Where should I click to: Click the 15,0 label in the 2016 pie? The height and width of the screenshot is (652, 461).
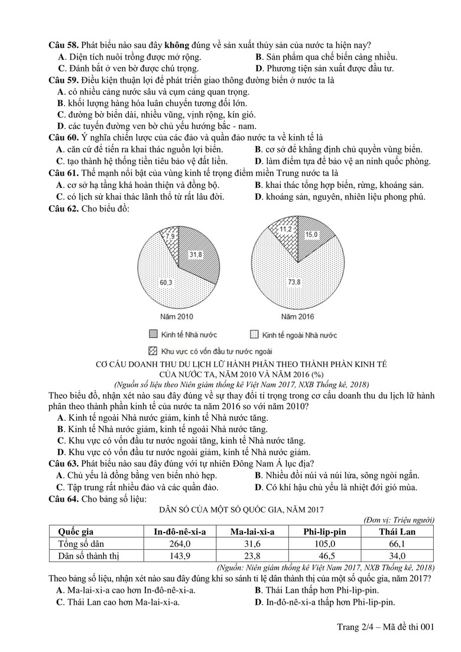(311, 235)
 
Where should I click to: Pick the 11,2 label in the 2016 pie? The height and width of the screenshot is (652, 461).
(286, 229)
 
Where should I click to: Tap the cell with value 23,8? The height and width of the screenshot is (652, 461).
(253, 556)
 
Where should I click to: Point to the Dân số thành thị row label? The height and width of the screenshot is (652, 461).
(89, 556)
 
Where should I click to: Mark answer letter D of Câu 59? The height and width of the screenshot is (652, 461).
(60, 126)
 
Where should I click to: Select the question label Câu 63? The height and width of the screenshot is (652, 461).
(63, 462)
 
